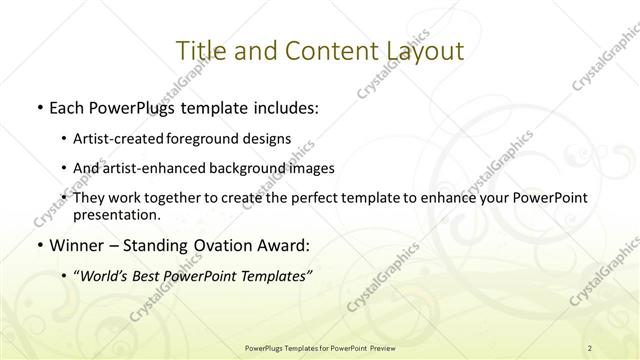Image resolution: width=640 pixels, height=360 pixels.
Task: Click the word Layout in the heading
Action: [423, 51]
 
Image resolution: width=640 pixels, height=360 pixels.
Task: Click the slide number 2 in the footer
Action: [590, 347]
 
